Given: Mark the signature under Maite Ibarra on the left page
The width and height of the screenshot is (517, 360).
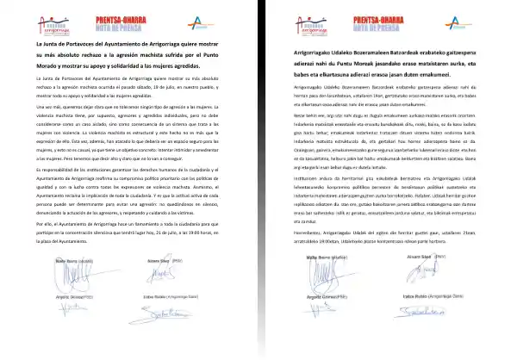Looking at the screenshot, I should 69,298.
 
